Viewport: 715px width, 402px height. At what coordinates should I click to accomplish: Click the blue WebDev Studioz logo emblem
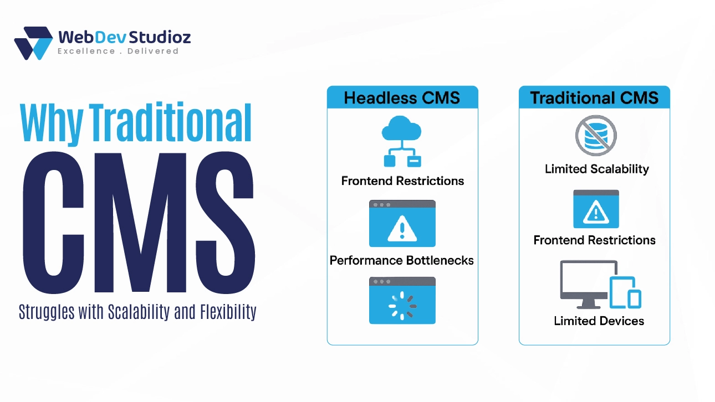click(34, 43)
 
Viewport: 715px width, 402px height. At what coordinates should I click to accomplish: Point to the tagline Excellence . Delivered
click(118, 51)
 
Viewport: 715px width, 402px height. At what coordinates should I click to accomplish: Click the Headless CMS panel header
click(402, 98)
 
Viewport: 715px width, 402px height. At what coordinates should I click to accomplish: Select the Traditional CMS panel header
click(594, 98)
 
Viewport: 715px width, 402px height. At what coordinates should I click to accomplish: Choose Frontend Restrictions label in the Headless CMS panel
click(402, 181)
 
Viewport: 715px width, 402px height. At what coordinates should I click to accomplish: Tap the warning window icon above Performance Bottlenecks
click(402, 223)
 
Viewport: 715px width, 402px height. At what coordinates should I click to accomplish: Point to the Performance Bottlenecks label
click(402, 260)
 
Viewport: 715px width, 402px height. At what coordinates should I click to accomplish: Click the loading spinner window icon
click(402, 300)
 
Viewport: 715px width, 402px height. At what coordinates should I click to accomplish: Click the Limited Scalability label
click(596, 169)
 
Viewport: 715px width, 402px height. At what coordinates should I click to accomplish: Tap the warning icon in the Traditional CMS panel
click(596, 209)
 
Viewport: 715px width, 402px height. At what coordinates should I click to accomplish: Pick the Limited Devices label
click(599, 321)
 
